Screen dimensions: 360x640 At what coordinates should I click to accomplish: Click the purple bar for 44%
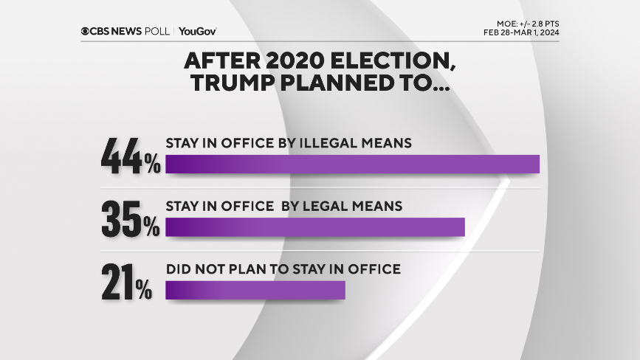(352, 164)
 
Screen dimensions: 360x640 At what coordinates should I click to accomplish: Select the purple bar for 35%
(315, 227)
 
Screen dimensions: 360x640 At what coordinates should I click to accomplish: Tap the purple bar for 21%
(255, 291)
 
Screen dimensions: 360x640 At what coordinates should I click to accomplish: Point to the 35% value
(131, 220)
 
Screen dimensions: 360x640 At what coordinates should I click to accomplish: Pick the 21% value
(127, 283)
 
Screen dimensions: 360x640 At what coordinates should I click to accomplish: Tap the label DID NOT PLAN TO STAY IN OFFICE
(283, 269)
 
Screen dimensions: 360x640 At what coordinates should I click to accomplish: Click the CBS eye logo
(86, 31)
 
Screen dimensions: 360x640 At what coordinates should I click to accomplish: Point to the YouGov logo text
(197, 31)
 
